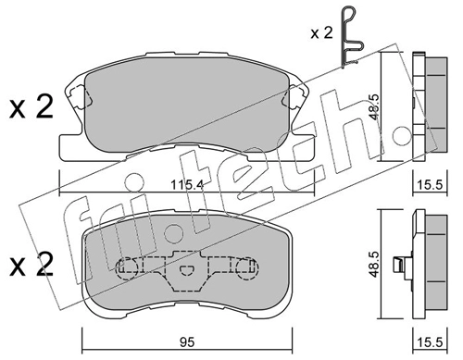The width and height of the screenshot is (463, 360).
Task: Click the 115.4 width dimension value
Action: [x=187, y=185]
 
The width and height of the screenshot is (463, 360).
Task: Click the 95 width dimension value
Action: [x=187, y=342]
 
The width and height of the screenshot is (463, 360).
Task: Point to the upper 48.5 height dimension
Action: [x=374, y=106]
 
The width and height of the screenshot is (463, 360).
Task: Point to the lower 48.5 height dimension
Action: [x=374, y=264]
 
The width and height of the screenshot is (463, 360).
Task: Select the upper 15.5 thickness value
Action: [x=430, y=185]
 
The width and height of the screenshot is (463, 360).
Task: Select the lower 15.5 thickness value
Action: [x=430, y=342]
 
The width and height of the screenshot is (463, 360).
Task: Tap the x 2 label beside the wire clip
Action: [x=321, y=32]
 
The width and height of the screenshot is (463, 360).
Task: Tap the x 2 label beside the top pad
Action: [x=31, y=107]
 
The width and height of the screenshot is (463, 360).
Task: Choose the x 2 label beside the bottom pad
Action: [x=31, y=265]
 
